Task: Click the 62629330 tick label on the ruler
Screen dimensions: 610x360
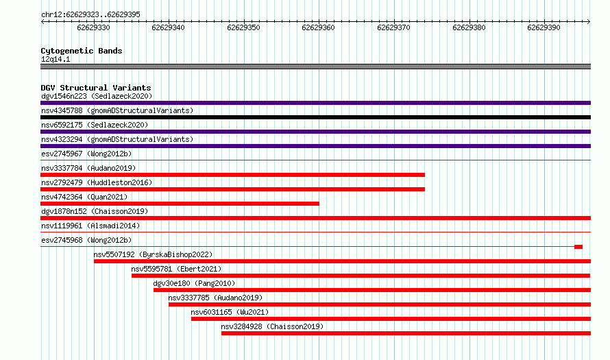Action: [93, 27]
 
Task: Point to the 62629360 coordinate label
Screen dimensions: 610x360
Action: [318, 27]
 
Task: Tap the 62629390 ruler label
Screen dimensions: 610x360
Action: [544, 27]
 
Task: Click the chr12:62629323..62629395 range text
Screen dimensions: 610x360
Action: [90, 15]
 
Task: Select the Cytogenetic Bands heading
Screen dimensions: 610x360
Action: [82, 51]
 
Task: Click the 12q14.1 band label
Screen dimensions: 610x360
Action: [56, 59]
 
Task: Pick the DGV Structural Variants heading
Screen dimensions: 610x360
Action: [96, 88]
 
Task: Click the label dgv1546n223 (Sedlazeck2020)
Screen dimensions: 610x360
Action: [97, 96]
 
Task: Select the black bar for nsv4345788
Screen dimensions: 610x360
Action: [315, 117]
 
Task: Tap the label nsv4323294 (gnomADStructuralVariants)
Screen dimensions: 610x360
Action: [117, 139]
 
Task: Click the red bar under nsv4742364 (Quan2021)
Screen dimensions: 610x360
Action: [180, 204]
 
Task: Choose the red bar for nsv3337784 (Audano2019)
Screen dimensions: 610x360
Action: [232, 175]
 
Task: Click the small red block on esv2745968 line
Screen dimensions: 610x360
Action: [578, 247]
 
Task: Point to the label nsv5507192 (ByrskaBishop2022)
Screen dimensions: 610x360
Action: [153, 254]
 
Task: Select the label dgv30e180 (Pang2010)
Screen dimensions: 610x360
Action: [194, 283]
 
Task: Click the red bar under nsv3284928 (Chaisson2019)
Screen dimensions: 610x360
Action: [406, 333]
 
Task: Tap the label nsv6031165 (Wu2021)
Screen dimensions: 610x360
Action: [230, 312]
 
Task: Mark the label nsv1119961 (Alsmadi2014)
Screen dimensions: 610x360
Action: [90, 226]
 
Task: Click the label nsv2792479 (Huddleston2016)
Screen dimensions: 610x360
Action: [97, 182]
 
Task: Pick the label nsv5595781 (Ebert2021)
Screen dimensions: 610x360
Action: [176, 269]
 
